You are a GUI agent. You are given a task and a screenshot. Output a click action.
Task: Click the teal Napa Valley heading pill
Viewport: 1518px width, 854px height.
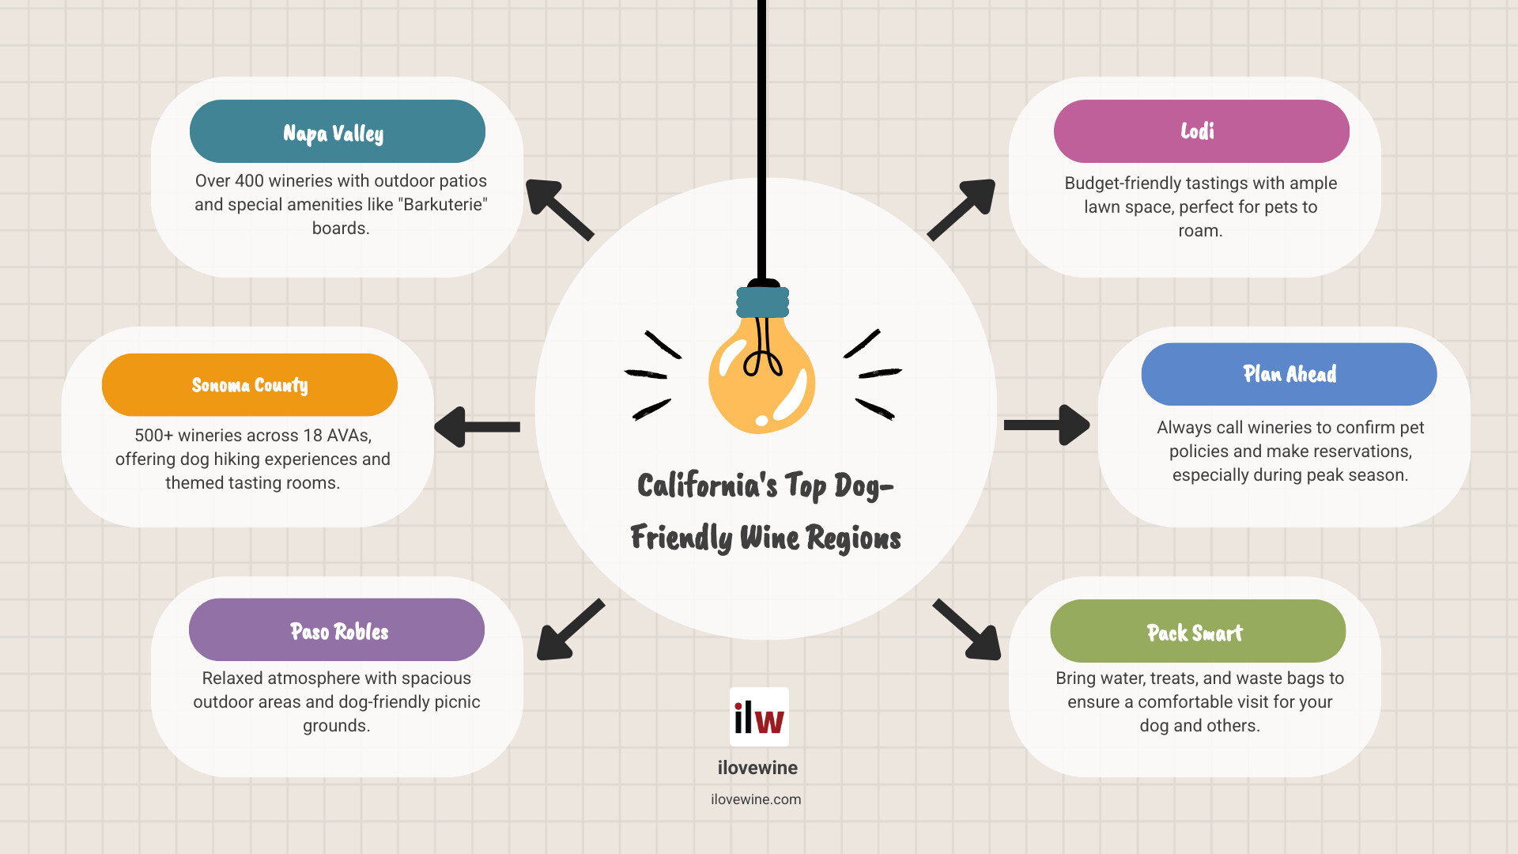tap(338, 131)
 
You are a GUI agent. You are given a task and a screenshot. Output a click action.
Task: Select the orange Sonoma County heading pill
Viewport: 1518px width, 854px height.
tap(250, 385)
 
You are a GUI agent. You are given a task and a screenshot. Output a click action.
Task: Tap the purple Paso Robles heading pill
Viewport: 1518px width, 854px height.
tap(337, 629)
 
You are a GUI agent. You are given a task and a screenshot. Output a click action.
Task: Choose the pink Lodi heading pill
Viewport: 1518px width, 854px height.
tap(1202, 131)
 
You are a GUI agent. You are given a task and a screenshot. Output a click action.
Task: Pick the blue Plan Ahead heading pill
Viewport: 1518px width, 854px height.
tap(1290, 374)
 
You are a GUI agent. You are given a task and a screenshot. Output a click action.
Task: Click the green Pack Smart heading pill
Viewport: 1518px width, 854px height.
tap(1198, 631)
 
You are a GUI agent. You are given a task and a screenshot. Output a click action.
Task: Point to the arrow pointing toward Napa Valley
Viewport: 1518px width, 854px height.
tap(559, 210)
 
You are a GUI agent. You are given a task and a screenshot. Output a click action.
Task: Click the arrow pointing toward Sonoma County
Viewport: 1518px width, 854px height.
tap(477, 427)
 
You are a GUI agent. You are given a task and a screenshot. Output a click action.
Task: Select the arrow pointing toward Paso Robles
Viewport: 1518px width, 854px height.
tap(570, 629)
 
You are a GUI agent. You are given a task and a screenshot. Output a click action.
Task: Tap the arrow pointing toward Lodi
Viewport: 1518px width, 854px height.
tap(961, 210)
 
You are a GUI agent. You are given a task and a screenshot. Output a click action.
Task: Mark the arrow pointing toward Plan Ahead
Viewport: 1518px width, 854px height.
tap(1047, 425)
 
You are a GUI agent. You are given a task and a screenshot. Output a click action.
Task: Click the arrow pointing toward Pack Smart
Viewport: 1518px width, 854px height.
tap(967, 629)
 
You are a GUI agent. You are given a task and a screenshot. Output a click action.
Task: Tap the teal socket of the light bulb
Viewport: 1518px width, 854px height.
tap(763, 302)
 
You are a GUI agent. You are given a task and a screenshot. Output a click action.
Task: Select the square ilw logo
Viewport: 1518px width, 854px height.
tap(759, 717)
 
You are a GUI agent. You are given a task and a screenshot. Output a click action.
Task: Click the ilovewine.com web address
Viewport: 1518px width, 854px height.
tap(756, 799)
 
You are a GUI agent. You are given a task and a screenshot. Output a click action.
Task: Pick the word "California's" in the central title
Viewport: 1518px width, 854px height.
tap(708, 486)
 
